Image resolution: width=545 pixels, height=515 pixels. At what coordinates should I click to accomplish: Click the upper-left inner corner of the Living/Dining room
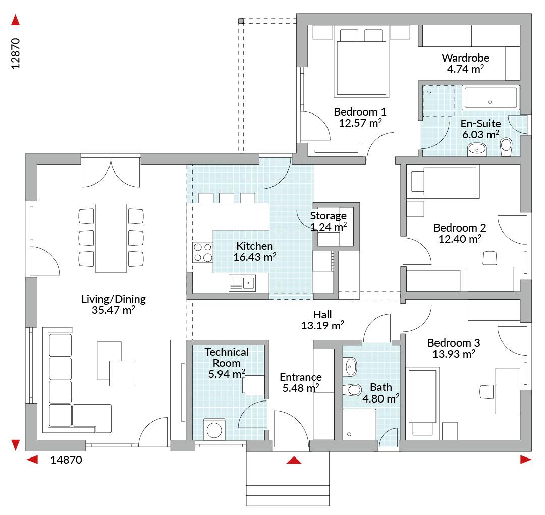(x=37, y=165)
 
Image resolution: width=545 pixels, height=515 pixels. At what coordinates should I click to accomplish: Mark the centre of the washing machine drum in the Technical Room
(x=214, y=431)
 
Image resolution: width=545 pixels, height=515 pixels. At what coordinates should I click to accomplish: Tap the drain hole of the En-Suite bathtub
(x=490, y=102)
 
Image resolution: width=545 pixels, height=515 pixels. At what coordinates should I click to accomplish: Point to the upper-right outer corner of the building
(x=531, y=14)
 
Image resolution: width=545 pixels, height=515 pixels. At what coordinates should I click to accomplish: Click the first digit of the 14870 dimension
(x=53, y=460)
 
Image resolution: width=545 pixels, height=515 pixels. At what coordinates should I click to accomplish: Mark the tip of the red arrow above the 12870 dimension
(x=15, y=15)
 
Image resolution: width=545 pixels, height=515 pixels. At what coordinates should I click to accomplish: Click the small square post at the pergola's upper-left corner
(x=241, y=21)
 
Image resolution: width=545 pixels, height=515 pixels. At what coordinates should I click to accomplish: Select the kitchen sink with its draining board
(x=242, y=283)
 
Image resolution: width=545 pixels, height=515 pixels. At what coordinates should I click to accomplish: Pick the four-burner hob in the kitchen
(x=203, y=252)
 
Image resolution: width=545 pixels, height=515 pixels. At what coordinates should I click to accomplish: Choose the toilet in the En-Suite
(x=506, y=147)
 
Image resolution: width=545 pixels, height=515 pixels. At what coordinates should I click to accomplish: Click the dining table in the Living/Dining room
(x=111, y=238)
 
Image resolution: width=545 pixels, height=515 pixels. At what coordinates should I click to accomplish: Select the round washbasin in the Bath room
(x=351, y=367)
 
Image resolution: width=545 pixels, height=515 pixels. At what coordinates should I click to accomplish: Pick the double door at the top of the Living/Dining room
(x=111, y=173)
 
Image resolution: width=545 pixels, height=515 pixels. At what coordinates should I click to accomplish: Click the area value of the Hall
(x=322, y=326)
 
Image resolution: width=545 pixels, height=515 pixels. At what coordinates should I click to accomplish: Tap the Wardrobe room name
(x=465, y=58)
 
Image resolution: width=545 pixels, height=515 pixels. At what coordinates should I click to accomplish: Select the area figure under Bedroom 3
(x=454, y=354)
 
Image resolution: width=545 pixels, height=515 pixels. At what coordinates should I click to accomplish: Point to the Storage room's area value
(x=328, y=227)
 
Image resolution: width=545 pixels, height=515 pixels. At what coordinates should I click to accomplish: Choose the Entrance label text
(x=301, y=377)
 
